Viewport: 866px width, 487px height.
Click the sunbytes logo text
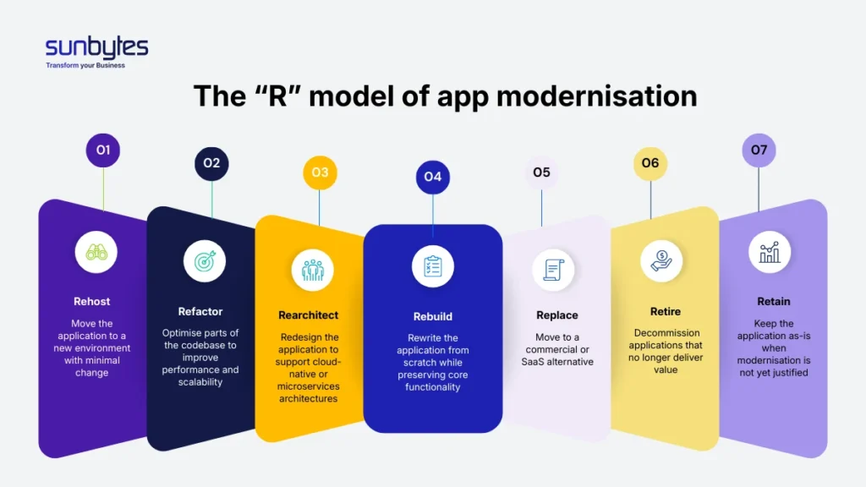pos(96,47)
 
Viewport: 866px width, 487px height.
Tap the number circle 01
pos(103,150)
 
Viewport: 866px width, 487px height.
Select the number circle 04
pos(432,177)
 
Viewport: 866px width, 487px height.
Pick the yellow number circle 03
pos(320,172)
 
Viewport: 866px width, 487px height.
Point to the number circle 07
pos(759,150)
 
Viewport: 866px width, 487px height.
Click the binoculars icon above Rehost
pos(96,252)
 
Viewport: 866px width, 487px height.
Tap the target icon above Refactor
pos(205,261)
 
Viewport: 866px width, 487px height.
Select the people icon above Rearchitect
pos(312,270)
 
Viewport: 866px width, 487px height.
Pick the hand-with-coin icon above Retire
pos(661,260)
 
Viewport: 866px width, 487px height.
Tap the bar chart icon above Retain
pos(770,251)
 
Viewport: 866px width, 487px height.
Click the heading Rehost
pos(91,301)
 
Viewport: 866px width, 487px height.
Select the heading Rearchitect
pos(309,315)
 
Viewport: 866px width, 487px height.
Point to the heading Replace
pos(557,315)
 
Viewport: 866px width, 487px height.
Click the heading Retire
pos(666,311)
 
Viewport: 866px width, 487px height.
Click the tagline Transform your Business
pos(85,65)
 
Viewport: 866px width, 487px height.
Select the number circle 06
pos(649,163)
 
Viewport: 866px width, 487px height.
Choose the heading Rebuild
pos(432,316)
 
